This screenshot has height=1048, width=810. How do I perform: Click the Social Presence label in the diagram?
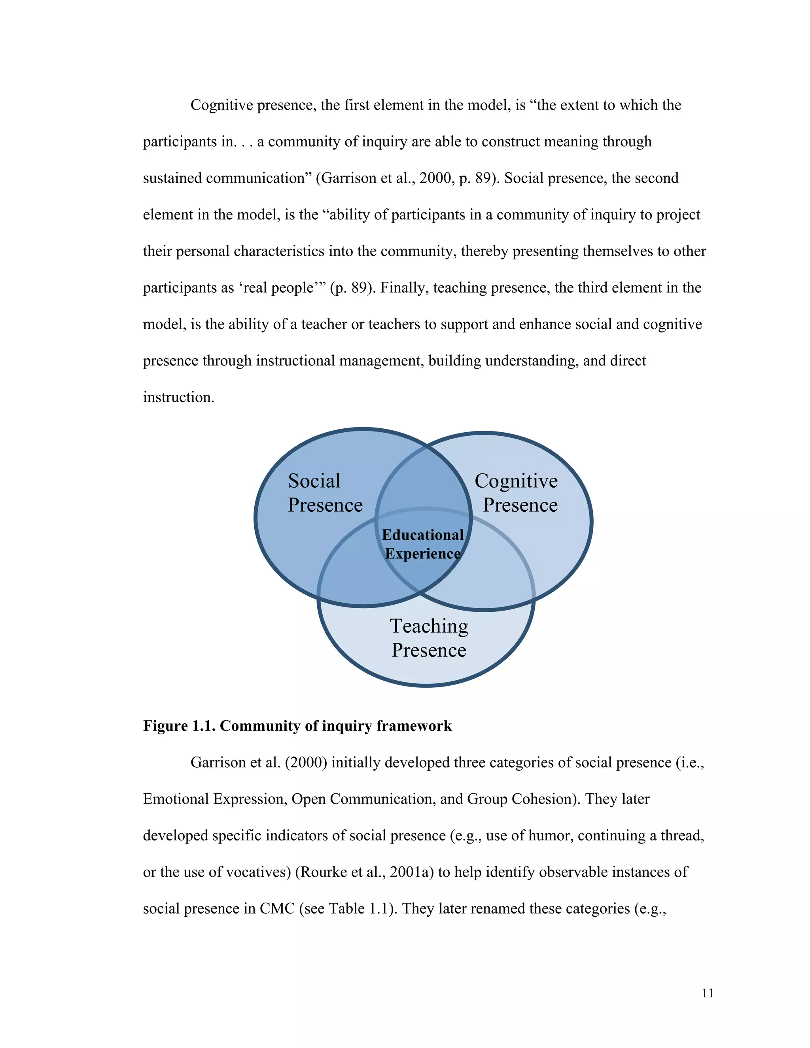[x=325, y=493]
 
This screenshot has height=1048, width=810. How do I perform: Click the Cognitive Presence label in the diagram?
[x=516, y=493]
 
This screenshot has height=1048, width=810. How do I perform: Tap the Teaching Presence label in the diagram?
[x=428, y=638]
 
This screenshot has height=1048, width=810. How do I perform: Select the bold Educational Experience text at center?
[x=423, y=544]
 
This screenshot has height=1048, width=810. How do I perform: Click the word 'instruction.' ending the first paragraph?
[x=178, y=397]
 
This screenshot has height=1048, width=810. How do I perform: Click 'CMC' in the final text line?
[x=277, y=908]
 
